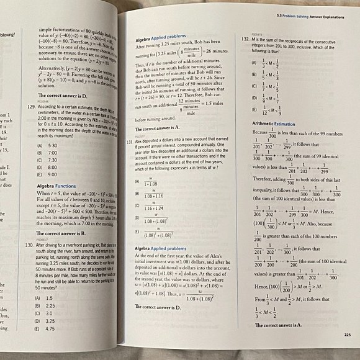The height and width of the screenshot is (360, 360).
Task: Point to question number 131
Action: point(139,141)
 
